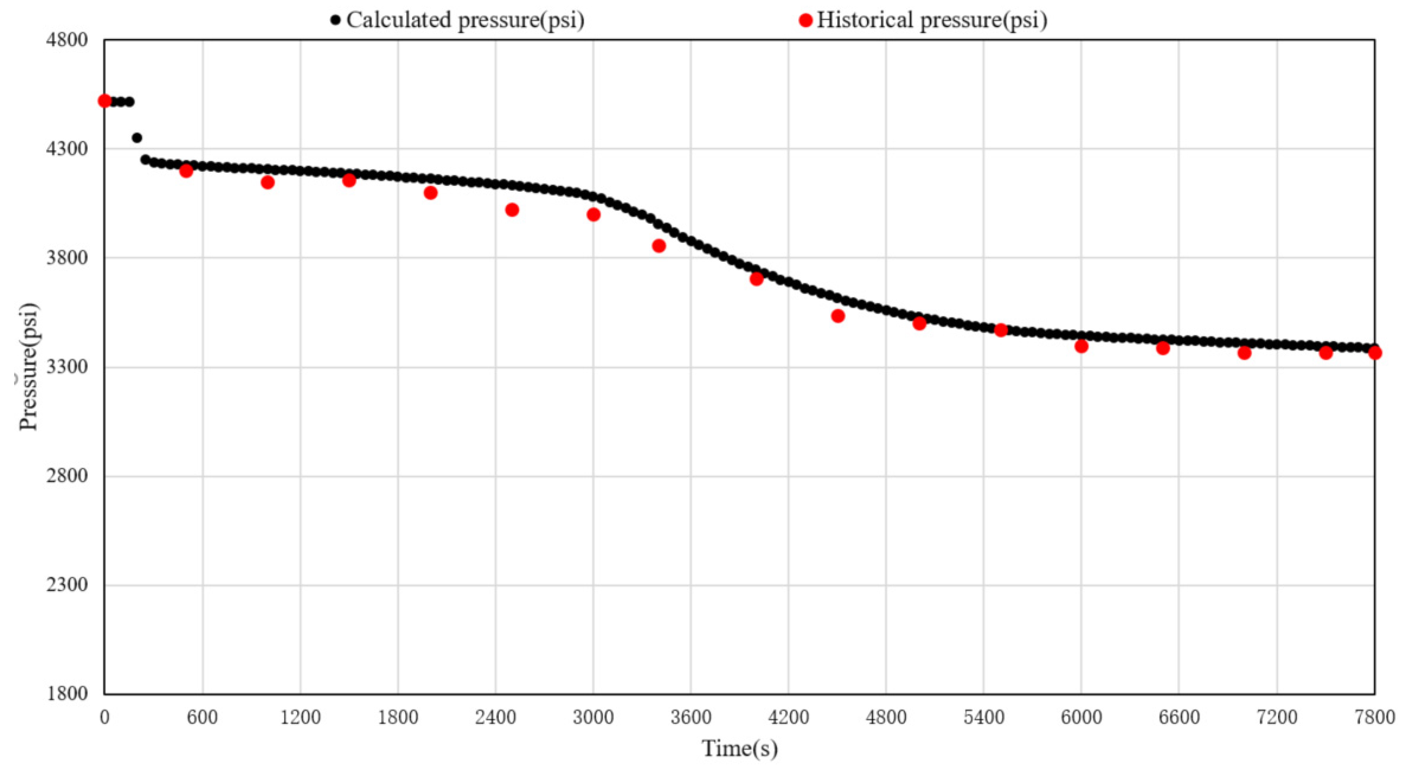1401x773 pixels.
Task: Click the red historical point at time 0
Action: coord(105,101)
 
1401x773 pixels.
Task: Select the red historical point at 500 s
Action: coord(186,171)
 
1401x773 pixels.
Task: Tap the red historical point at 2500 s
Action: coord(512,210)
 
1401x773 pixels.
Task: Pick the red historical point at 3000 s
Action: coord(594,215)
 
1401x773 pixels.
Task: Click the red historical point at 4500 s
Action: coord(838,316)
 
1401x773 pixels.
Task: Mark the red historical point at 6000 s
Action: coord(1081,346)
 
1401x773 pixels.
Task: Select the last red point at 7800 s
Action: coord(1374,353)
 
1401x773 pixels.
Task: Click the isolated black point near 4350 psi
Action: coord(137,138)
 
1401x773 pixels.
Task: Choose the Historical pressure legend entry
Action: coord(924,21)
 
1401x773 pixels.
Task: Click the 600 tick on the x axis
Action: coord(203,718)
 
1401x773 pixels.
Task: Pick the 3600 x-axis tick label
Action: coord(690,718)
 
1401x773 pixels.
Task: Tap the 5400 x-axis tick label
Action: coord(984,718)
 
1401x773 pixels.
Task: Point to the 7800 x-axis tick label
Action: coord(1374,718)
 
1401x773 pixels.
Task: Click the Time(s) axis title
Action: coord(740,749)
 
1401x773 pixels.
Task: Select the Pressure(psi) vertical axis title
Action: coord(28,367)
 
